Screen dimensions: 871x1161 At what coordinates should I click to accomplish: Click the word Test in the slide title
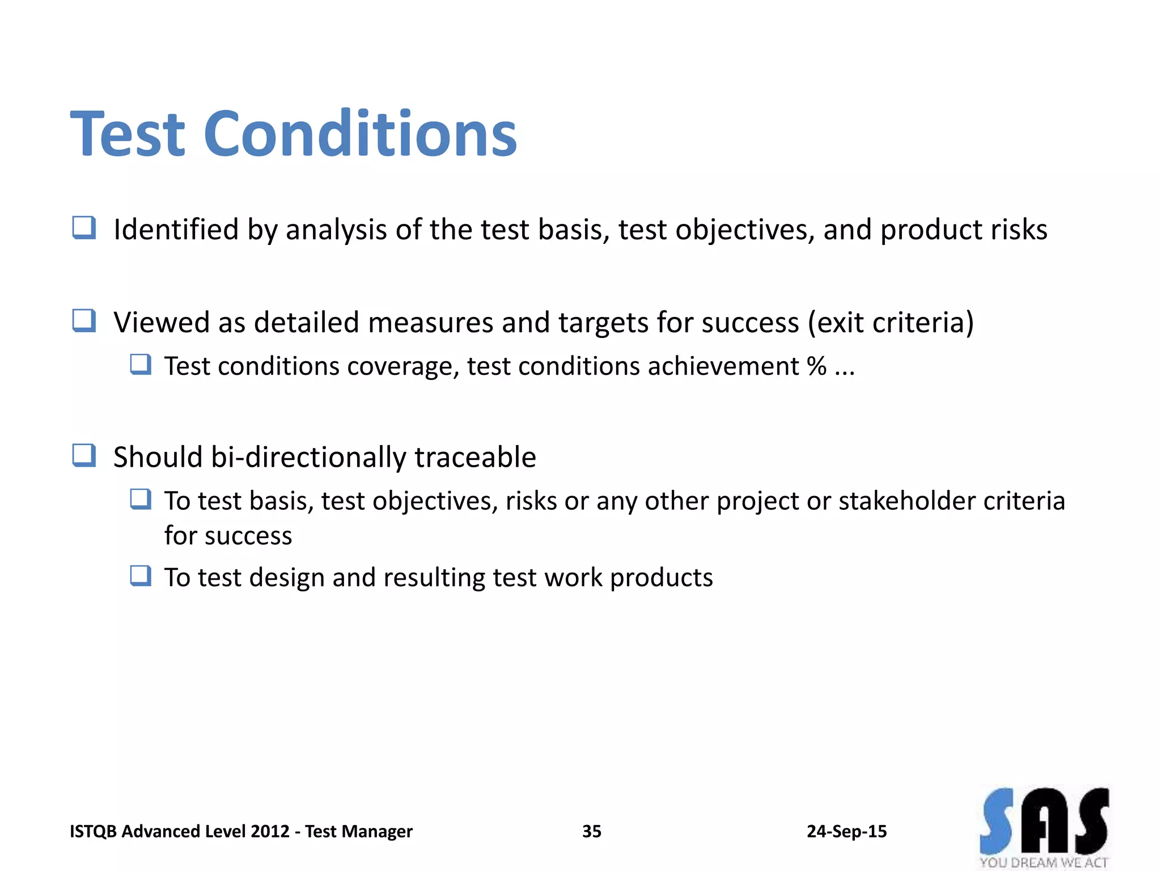pyautogui.click(x=128, y=134)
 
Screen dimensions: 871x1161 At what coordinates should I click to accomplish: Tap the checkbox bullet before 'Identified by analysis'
pyautogui.click(x=84, y=228)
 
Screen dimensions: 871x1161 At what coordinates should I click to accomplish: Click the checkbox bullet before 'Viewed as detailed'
pyautogui.click(x=84, y=321)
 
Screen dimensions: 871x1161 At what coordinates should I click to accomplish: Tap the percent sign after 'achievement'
pyautogui.click(x=816, y=366)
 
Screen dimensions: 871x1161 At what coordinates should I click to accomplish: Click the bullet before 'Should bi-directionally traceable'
pyautogui.click(x=84, y=455)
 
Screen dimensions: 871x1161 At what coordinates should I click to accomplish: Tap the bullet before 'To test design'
pyautogui.click(x=141, y=576)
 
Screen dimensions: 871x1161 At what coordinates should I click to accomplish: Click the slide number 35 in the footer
pyautogui.click(x=591, y=831)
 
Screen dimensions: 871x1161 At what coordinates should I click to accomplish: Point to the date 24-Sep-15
pyautogui.click(x=846, y=831)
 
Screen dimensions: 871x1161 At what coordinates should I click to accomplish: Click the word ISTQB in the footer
pyautogui.click(x=93, y=831)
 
